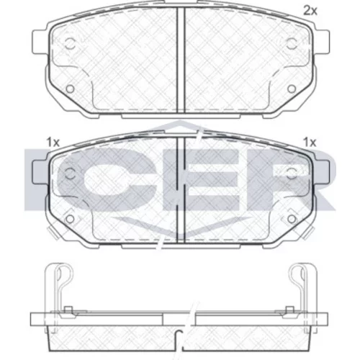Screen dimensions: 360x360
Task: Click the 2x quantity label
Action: tap(310, 11)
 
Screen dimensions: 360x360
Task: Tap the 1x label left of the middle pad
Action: tap(53, 143)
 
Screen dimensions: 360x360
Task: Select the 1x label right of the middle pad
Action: tap(310, 143)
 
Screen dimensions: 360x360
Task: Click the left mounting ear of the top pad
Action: tap(40, 42)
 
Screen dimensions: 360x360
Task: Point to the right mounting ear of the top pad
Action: tap(321, 42)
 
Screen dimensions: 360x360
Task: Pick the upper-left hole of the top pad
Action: tap(70, 44)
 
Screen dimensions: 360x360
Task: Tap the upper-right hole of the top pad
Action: tap(292, 44)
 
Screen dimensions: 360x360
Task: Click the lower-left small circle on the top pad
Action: tap(70, 89)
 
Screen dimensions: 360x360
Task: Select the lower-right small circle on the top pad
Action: tap(292, 89)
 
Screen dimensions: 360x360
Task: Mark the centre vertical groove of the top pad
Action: tap(181, 60)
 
